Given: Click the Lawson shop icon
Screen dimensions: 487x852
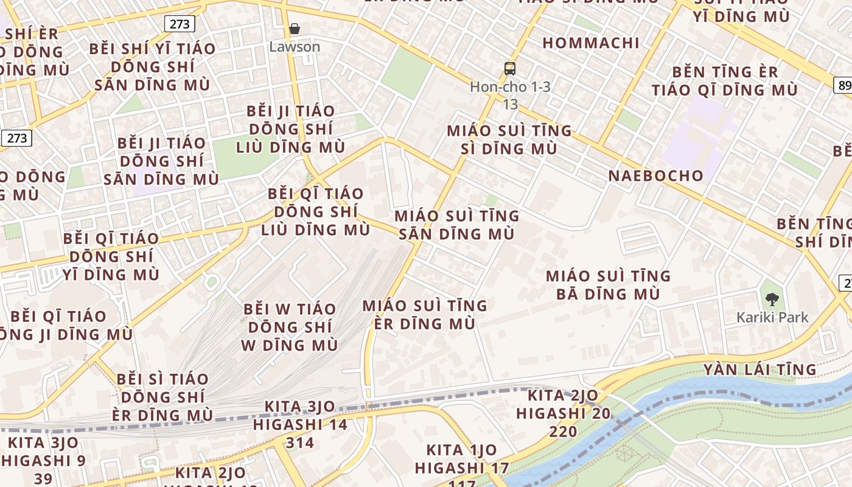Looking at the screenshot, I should click(295, 29).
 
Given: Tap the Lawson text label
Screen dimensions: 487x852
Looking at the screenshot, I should click(295, 47).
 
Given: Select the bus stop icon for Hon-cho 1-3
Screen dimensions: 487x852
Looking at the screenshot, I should click(510, 69).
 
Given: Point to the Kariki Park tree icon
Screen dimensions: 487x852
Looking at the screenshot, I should click(772, 299).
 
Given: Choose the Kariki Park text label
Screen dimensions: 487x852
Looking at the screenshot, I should click(772, 317).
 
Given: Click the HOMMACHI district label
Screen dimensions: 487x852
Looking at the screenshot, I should click(591, 43).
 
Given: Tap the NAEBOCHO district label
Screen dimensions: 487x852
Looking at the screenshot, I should click(656, 176).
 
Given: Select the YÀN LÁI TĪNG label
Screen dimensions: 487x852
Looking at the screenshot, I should click(759, 370).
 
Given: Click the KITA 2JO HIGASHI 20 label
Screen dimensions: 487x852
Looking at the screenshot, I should click(564, 413).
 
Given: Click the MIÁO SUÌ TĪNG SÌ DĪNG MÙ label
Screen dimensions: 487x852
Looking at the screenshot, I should click(510, 139).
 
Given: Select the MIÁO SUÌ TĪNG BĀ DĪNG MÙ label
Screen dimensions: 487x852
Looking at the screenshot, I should click(608, 285).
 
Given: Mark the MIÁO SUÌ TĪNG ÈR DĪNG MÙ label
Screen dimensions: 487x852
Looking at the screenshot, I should click(425, 314).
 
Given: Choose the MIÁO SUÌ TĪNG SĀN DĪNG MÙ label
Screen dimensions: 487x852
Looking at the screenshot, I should click(457, 225).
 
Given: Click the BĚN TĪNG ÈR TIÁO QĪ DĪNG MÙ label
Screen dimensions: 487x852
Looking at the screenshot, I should click(724, 81).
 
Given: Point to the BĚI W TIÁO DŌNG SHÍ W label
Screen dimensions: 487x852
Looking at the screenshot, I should click(290, 327).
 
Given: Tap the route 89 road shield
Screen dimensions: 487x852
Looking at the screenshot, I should click(844, 85).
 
